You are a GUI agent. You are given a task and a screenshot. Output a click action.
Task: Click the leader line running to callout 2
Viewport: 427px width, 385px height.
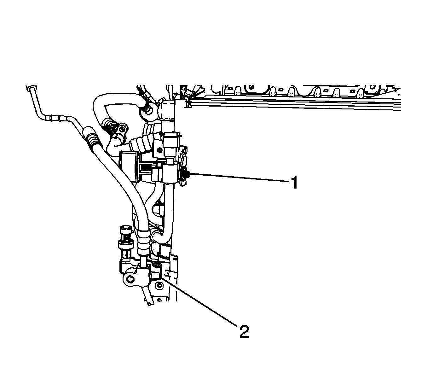click(x=199, y=302)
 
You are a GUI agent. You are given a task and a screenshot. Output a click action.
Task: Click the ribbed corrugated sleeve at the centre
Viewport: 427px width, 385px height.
click(x=141, y=143)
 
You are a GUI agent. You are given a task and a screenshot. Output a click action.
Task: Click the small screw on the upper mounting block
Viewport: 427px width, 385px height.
click(x=159, y=150)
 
